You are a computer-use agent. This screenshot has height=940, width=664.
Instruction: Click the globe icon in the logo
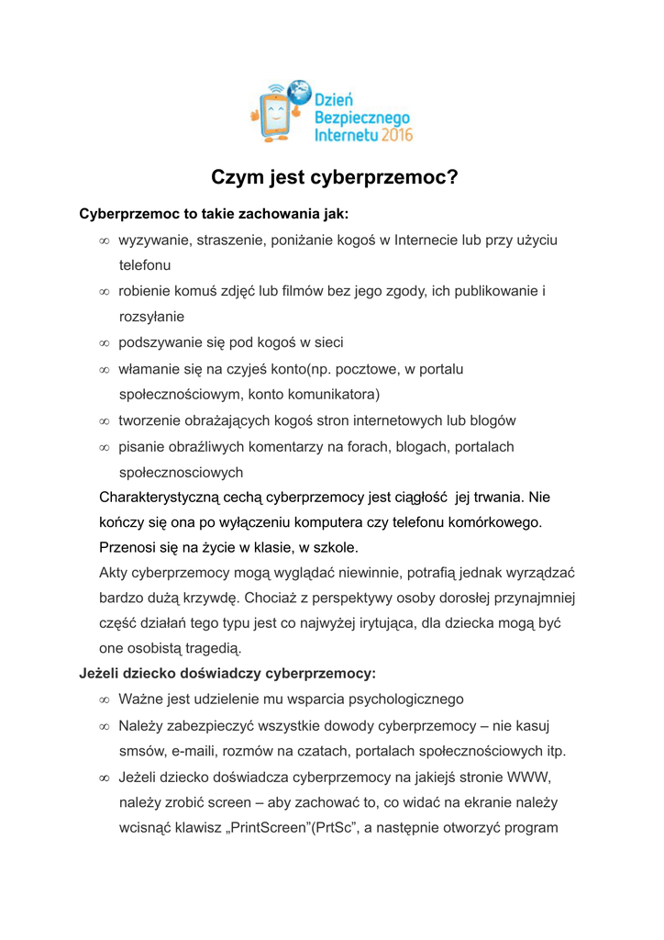[298, 92]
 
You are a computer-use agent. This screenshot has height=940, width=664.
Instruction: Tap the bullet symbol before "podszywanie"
[105, 343]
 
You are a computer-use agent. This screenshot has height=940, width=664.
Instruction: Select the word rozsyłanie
[151, 317]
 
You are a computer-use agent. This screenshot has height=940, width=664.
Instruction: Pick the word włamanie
[148, 369]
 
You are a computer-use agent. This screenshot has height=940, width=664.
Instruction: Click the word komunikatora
[331, 395]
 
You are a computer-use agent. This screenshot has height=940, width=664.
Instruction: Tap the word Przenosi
[127, 548]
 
